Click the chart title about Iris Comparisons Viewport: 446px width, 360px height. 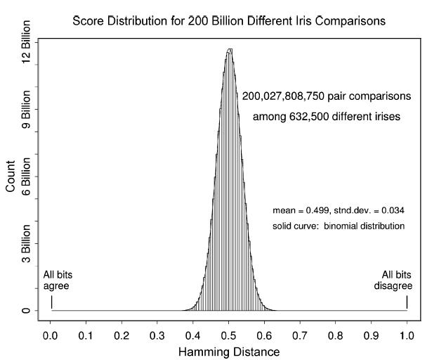coord(229,20)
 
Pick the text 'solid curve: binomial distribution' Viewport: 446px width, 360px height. coord(338,226)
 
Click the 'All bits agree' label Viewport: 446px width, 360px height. coord(58,281)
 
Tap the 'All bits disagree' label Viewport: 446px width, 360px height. coord(397,281)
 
